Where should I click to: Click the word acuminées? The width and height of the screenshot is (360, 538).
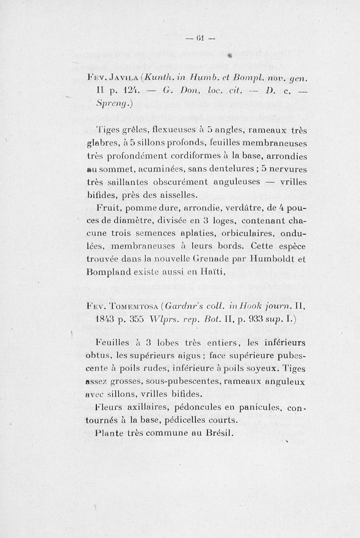(x=178, y=170)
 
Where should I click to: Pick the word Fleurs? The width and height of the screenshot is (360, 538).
(x=110, y=408)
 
